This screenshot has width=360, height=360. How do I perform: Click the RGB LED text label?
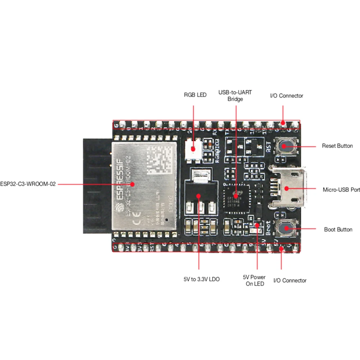[195, 95]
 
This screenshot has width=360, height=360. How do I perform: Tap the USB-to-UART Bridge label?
[235, 95]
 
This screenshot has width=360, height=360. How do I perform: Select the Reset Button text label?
[337, 146]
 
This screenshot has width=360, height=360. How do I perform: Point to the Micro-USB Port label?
[341, 189]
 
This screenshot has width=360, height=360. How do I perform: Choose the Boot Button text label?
[338, 229]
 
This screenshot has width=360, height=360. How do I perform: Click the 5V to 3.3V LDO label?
[201, 279]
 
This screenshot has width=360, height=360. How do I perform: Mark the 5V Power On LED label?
[254, 281]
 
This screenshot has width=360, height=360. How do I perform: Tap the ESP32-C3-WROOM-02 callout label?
[28, 184]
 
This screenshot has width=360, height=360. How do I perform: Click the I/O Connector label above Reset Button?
[286, 96]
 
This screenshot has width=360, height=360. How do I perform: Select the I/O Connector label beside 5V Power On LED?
[290, 281]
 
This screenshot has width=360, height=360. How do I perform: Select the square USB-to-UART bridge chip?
[236, 196]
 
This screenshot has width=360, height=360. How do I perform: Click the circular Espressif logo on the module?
[119, 208]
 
